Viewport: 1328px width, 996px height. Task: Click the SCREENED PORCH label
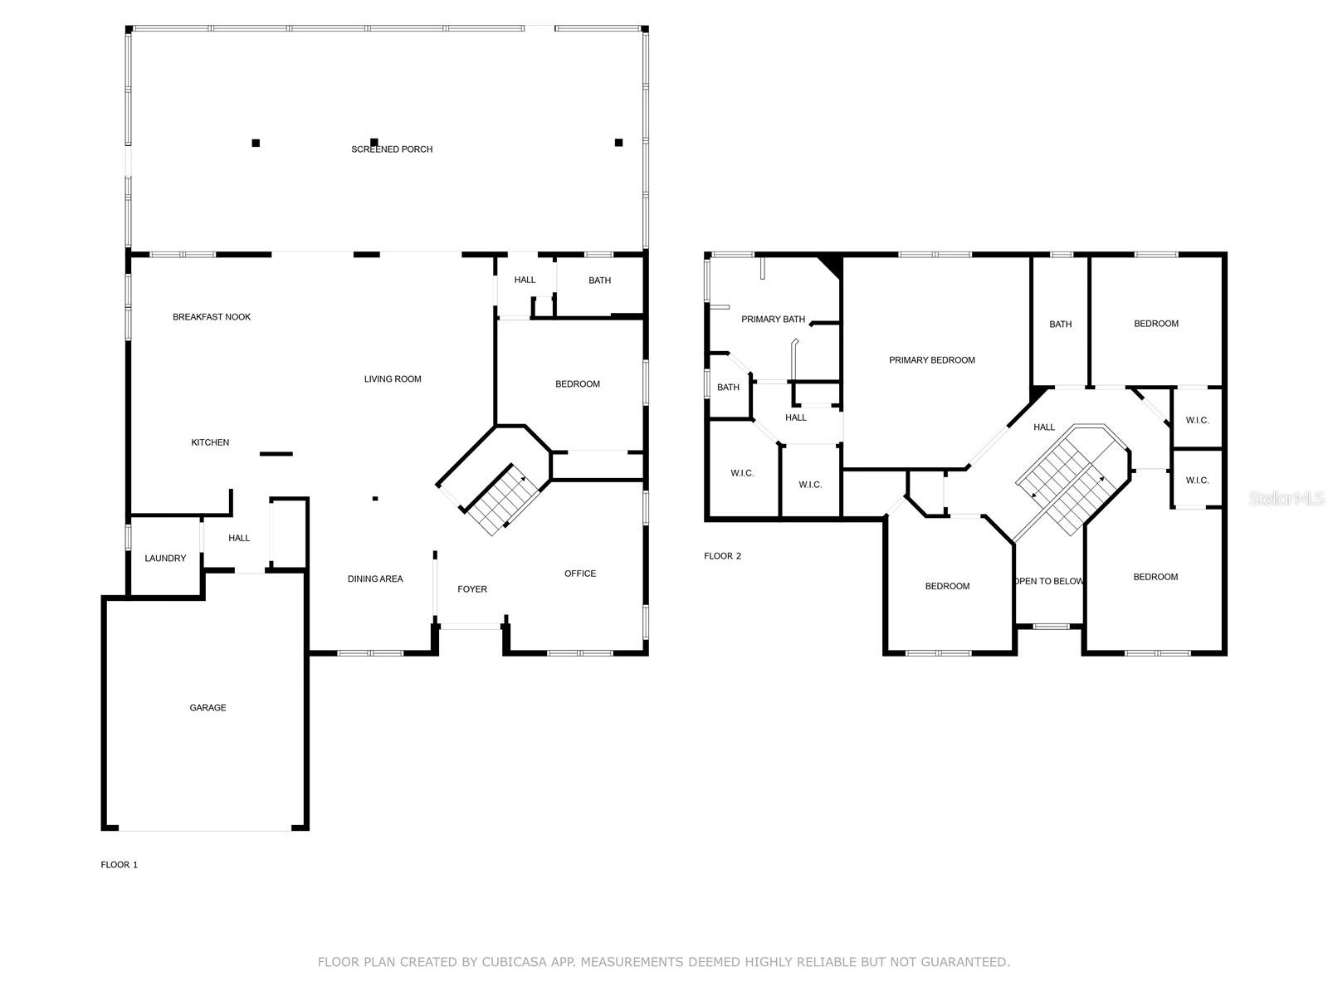pyautogui.click(x=392, y=149)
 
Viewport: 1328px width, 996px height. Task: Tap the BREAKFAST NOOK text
pyautogui.click(x=211, y=317)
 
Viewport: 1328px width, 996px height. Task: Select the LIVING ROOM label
pyautogui.click(x=393, y=379)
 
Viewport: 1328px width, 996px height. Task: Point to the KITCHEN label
pyautogui.click(x=210, y=442)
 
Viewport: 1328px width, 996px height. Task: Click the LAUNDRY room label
pyautogui.click(x=165, y=558)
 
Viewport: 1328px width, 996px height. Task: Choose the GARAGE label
pyautogui.click(x=207, y=707)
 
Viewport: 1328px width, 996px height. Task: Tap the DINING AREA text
pyautogui.click(x=375, y=579)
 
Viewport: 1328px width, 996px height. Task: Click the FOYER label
pyautogui.click(x=472, y=589)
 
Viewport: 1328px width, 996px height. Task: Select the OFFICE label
pyautogui.click(x=579, y=574)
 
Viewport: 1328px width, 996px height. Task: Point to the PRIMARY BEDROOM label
pyautogui.click(x=932, y=360)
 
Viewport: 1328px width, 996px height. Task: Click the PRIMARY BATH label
pyautogui.click(x=774, y=320)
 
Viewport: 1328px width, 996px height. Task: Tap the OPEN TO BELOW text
pyautogui.click(x=1049, y=581)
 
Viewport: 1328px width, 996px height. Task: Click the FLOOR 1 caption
pyautogui.click(x=120, y=865)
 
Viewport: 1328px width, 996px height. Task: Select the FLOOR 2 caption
pyautogui.click(x=722, y=556)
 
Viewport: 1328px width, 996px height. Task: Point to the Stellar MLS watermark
pyautogui.click(x=1286, y=498)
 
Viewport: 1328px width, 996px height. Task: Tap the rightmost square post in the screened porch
pyautogui.click(x=618, y=143)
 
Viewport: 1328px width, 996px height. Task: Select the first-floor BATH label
pyautogui.click(x=599, y=281)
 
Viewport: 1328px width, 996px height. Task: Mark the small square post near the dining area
pyautogui.click(x=375, y=498)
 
